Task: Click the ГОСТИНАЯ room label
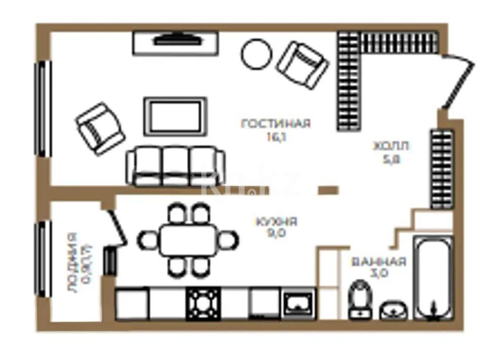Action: pyautogui.click(x=276, y=124)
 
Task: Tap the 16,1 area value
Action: pyautogui.click(x=276, y=136)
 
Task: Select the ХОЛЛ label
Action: pyautogui.click(x=391, y=146)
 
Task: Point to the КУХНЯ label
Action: pyautogui.click(x=276, y=222)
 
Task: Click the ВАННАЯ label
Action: pyautogui.click(x=378, y=262)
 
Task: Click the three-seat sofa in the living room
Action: pyautogui.click(x=175, y=166)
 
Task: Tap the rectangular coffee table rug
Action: pyautogui.click(x=175, y=116)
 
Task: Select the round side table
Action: pyautogui.click(x=257, y=55)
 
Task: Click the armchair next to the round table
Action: pyautogui.click(x=302, y=64)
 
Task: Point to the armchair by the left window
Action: pyautogui.click(x=100, y=128)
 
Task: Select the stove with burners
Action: pyautogui.click(x=204, y=304)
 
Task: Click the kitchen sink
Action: pyautogui.click(x=298, y=304)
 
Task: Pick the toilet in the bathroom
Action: pyautogui.click(x=360, y=301)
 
